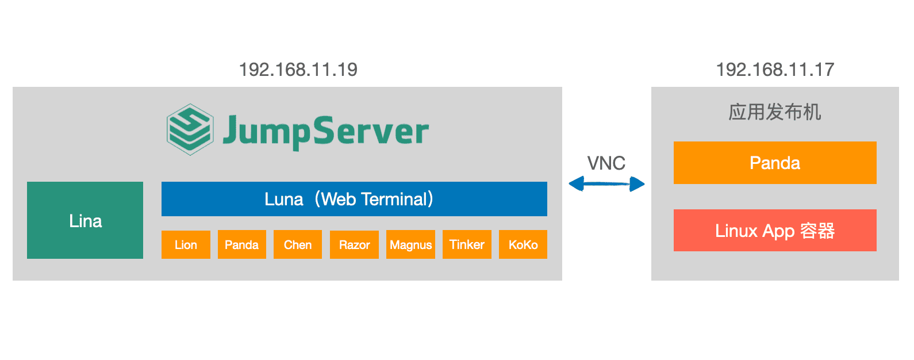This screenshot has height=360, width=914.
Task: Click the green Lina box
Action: tap(85, 220)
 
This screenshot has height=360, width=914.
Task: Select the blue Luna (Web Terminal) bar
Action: tap(354, 199)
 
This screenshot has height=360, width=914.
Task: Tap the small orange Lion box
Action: tap(186, 244)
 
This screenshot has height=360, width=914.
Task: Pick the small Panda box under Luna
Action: tap(241, 244)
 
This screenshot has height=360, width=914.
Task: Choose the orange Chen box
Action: tap(297, 244)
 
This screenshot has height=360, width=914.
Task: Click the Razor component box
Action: tap(354, 244)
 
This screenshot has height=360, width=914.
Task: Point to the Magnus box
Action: tap(410, 244)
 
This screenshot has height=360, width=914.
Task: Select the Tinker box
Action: tap(467, 244)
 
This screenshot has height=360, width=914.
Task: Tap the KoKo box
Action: tap(523, 244)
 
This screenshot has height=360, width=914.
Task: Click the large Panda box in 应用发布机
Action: tap(775, 162)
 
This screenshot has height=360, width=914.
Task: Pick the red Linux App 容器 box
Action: tap(775, 230)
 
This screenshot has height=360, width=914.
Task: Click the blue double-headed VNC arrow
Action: tap(606, 183)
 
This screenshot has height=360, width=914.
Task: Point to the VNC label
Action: tap(606, 163)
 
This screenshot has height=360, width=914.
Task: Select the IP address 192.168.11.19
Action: tap(298, 70)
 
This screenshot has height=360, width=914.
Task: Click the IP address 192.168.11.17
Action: tap(775, 70)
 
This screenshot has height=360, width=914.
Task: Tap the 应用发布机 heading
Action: tap(775, 112)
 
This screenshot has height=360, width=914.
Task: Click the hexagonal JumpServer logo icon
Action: tap(190, 129)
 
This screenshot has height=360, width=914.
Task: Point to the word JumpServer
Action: tap(325, 131)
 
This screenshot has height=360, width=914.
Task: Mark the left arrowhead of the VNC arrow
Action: tap(576, 183)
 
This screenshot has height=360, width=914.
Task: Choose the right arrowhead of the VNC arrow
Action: tap(638, 183)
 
